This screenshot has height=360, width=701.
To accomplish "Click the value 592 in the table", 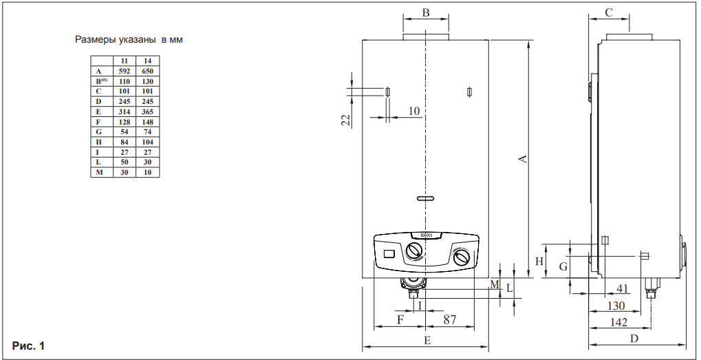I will [x=125, y=71].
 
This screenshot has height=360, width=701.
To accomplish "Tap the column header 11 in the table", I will [x=125, y=61].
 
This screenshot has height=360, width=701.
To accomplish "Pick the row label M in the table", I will [x=99, y=172].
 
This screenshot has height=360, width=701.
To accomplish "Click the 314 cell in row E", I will [x=125, y=112].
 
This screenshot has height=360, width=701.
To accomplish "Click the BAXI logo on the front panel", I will [x=425, y=235].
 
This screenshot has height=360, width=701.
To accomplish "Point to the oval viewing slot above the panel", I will [x=426, y=199].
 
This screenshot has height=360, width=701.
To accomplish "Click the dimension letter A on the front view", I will [x=523, y=158].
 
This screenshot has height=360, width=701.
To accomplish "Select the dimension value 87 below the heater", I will [x=449, y=319].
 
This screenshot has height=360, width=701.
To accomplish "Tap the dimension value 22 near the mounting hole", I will [x=347, y=120].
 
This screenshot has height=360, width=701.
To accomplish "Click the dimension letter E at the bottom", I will [x=427, y=340].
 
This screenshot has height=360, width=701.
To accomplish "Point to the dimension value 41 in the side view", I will [x=623, y=288].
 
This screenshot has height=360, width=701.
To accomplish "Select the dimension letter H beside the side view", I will [x=540, y=262].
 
